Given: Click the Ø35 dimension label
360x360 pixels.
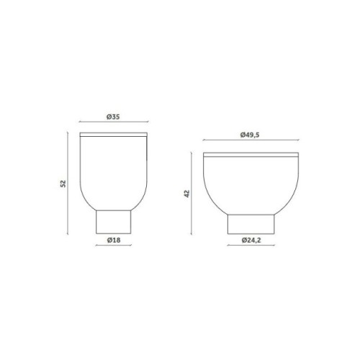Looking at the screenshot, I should pos(113,117).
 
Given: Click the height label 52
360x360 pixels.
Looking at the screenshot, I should pos(63,184).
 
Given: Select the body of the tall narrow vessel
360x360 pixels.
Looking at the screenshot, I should pos(113,169).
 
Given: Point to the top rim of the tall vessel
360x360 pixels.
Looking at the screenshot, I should pos(113,135).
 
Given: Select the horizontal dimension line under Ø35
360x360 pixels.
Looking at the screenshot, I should pos(113,123).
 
